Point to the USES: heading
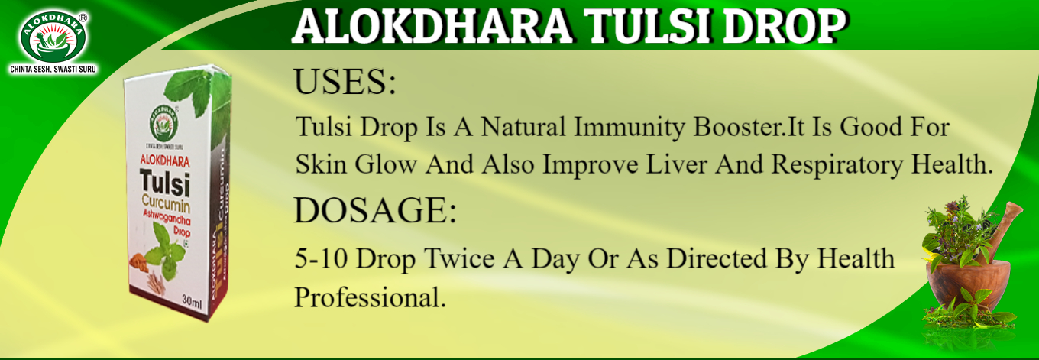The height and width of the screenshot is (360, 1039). click(345, 83)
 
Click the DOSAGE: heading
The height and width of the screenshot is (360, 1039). click(375, 211)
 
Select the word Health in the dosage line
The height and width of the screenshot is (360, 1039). click(855, 259)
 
